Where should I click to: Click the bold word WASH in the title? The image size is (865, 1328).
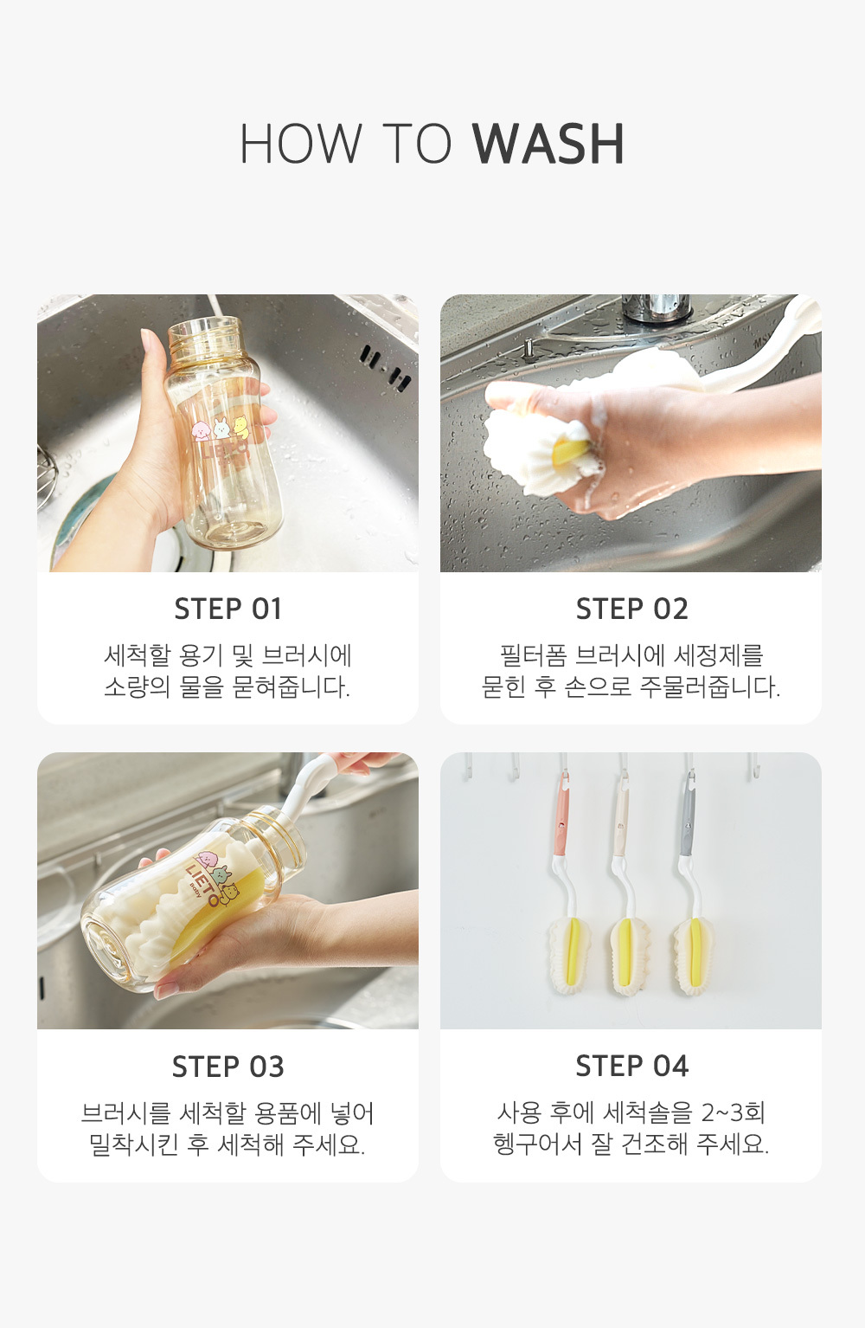pos(548,144)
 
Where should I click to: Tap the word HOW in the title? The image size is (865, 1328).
pos(300,144)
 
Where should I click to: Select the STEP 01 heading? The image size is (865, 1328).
pos(228,609)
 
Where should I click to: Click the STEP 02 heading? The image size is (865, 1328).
pos(631,609)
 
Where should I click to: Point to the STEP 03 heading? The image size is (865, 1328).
pos(228,1067)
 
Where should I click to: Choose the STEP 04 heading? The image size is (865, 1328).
pos(631,1067)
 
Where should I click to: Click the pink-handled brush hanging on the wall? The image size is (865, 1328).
pos(565,883)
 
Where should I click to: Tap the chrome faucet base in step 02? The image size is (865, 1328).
pos(656,307)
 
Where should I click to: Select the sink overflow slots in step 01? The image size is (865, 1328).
pos(385,368)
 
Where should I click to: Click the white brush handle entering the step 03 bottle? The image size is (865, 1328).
pos(308,785)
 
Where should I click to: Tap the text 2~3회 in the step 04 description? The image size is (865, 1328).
pos(733,1112)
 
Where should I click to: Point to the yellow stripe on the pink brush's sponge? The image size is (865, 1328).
pos(573,949)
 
